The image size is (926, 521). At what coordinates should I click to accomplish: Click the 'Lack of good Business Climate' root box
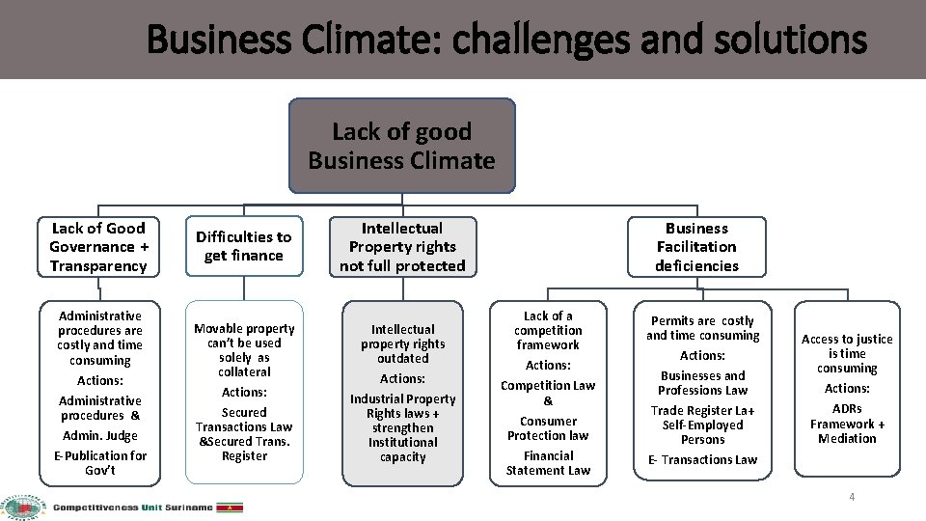pyautogui.click(x=402, y=146)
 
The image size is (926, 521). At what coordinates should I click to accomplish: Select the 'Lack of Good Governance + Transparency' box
pyautogui.click(x=98, y=247)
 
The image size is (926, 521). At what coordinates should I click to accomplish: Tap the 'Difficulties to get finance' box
pyautogui.click(x=244, y=246)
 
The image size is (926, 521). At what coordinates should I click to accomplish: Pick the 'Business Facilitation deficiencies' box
pyautogui.click(x=696, y=247)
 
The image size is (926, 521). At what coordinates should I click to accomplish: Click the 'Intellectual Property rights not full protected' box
pyautogui.click(x=402, y=247)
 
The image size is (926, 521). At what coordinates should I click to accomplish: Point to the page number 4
pyautogui.click(x=852, y=496)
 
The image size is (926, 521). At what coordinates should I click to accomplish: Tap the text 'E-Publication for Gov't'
pyautogui.click(x=100, y=463)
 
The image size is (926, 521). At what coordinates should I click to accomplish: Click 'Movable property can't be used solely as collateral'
pyautogui.click(x=244, y=350)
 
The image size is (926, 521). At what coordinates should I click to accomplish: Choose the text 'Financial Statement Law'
pyautogui.click(x=548, y=463)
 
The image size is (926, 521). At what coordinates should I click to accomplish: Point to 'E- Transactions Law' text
pyautogui.click(x=703, y=460)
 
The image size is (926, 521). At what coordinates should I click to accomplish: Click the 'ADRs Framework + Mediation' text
pyautogui.click(x=847, y=424)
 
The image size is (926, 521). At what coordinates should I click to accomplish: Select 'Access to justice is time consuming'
pyautogui.click(x=847, y=353)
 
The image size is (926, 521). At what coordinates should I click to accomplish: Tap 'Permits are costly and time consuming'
pyautogui.click(x=703, y=328)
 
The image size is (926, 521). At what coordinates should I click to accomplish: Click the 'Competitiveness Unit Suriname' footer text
pyautogui.click(x=132, y=507)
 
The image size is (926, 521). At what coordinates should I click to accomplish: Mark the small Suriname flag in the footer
pyautogui.click(x=231, y=507)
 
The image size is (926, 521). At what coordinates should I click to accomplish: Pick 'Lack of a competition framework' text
pyautogui.click(x=548, y=330)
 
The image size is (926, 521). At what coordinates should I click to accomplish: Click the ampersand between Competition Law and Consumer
pyautogui.click(x=548, y=401)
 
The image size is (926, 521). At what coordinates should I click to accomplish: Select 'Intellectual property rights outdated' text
pyautogui.click(x=402, y=343)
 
